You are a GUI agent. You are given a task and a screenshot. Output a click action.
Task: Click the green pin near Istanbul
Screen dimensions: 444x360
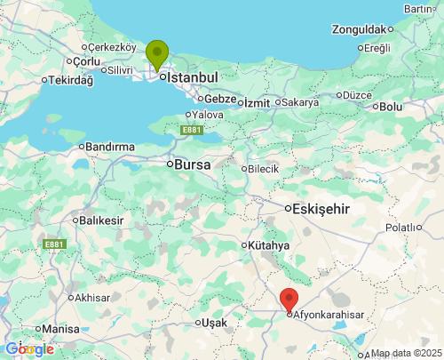coord(157,54)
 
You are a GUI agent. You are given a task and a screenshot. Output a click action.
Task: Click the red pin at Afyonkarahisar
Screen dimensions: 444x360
coord(289,300)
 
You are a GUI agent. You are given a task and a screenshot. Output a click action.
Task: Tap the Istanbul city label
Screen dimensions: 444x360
coord(192,78)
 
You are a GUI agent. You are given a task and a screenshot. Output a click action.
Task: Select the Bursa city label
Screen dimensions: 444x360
coord(193,164)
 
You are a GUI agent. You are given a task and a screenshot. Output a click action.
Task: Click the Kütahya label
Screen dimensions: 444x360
coord(269,245)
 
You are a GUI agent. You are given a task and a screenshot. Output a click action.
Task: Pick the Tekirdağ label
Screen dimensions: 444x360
coord(70,80)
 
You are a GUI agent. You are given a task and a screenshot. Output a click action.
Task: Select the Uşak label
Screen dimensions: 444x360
coord(214,322)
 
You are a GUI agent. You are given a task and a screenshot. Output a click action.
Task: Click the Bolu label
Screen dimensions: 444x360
coord(391,107)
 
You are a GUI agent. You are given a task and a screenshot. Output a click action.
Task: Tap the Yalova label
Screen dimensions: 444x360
coord(207,115)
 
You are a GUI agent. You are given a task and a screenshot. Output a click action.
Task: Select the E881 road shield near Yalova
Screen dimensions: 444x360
coord(191,131)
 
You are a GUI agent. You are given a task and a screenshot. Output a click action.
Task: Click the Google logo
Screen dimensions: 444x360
coord(29,349)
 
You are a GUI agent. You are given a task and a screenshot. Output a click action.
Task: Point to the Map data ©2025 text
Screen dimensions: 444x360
coord(405,353)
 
